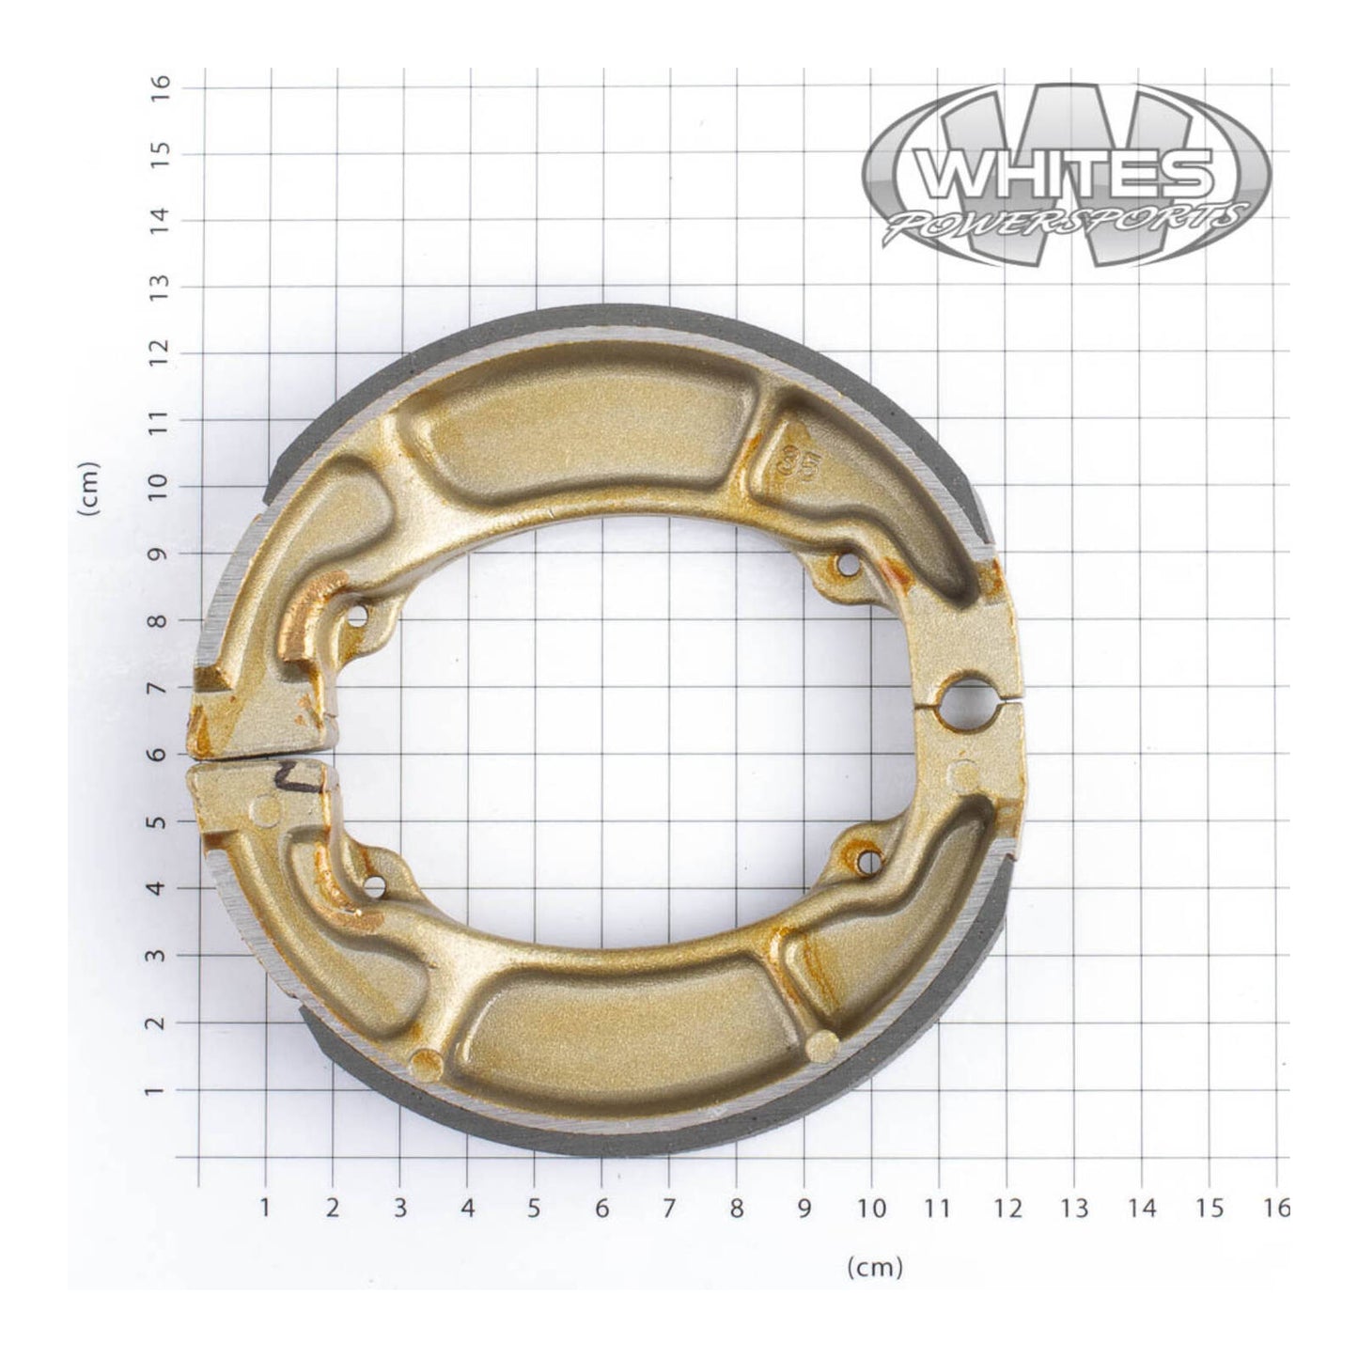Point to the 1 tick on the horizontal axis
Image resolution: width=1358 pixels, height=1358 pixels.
pyautogui.click(x=265, y=1208)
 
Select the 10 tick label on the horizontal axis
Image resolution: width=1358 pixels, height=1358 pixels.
pyautogui.click(x=871, y=1208)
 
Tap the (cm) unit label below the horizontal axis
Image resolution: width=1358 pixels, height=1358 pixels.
pyautogui.click(x=874, y=1268)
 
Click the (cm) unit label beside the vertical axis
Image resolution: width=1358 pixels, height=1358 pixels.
pyautogui.click(x=90, y=488)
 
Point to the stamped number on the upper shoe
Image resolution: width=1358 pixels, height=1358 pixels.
pyautogui.click(x=796, y=463)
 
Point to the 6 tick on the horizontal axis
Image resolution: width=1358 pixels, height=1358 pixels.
pyautogui.click(x=601, y=1208)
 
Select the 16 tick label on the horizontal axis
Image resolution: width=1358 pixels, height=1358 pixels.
pyautogui.click(x=1275, y=1208)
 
